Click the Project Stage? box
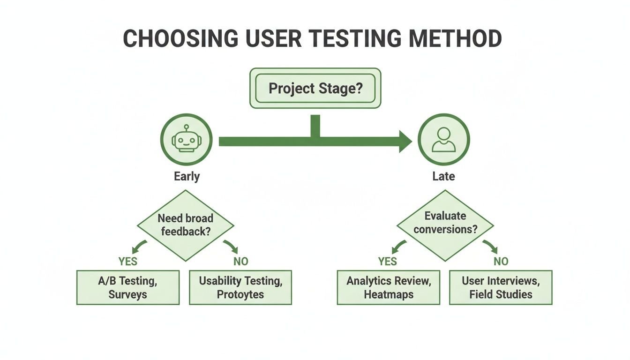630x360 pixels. tap(315, 88)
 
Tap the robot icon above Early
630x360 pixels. tap(187, 140)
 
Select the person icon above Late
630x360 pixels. tap(443, 140)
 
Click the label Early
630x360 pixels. tap(187, 177)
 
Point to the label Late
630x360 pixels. tap(443, 177)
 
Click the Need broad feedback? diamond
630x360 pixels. tap(186, 225)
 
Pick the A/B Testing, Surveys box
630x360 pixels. tap(128, 287)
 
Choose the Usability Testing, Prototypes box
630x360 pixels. tap(240, 287)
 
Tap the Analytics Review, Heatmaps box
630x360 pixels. tap(388, 287)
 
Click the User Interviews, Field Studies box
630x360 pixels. tap(501, 287)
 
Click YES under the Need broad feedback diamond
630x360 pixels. tap(127, 261)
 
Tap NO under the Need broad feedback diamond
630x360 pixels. tap(240, 261)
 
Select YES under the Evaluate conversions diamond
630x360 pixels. tap(388, 261)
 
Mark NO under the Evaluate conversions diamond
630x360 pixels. tap(501, 261)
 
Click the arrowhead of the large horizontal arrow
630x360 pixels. tap(405, 142)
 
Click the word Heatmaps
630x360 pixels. tap(388, 295)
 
